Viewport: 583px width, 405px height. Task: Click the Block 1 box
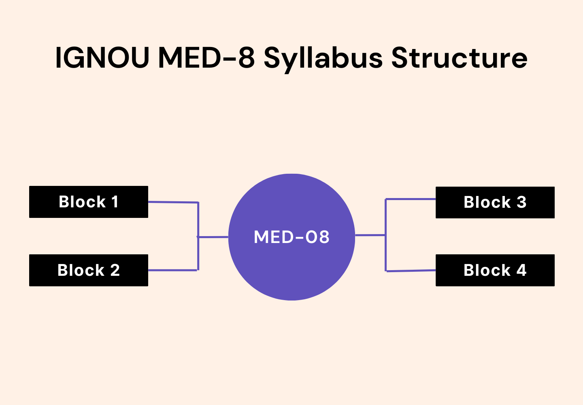tap(88, 202)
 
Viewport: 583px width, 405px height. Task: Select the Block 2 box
tap(88, 270)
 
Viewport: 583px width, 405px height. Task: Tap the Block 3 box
tap(495, 202)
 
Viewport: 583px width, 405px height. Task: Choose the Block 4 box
tap(495, 270)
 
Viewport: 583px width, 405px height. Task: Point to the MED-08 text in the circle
tap(291, 237)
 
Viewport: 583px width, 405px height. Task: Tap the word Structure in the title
tap(459, 58)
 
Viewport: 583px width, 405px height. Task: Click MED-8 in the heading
tap(206, 58)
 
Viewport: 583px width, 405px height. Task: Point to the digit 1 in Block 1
tap(115, 202)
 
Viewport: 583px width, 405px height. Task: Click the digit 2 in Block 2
tap(115, 270)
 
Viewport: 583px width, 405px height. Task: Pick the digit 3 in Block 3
tap(521, 202)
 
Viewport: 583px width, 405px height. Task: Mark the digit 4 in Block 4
tap(521, 270)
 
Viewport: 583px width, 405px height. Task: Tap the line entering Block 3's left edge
tap(411, 199)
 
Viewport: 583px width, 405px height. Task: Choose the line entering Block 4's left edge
tap(411, 271)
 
